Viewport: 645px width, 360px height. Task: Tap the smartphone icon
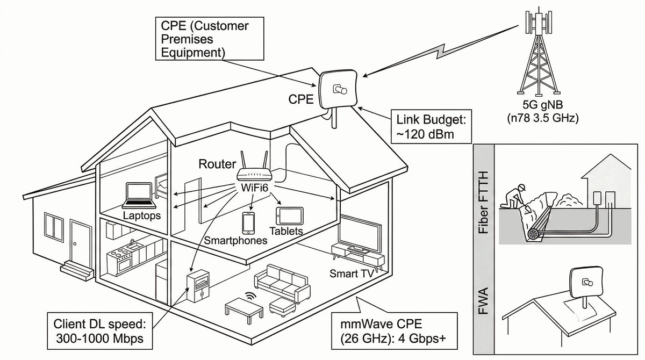248,222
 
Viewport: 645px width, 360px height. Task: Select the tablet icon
289,217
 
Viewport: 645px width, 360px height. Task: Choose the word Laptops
142,216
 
